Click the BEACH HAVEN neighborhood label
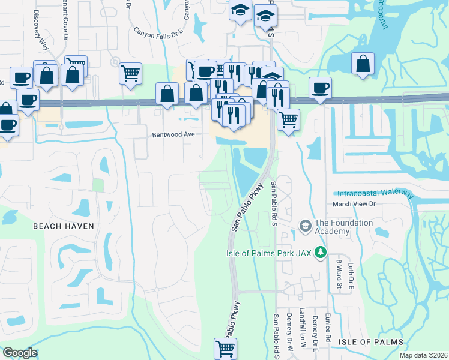tap(63, 226)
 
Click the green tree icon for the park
tap(321, 253)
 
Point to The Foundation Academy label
tap(343, 227)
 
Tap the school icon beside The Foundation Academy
tap(305, 226)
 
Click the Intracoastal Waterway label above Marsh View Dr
tap(375, 194)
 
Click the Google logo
tap(20, 353)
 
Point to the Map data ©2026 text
tap(423, 355)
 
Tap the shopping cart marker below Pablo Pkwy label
tap(226, 348)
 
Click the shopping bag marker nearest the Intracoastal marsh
tap(363, 64)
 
